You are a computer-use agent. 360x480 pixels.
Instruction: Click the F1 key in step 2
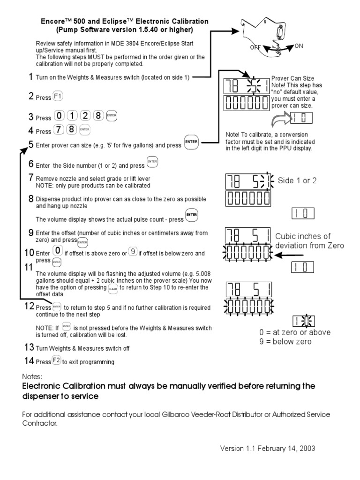pyautogui.click(x=58, y=97)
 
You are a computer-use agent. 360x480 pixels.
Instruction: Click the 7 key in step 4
pyautogui.click(x=59, y=130)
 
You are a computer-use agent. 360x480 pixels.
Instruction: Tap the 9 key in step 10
pyautogui.click(x=134, y=252)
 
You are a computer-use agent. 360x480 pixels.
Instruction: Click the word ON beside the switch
pyautogui.click(x=299, y=46)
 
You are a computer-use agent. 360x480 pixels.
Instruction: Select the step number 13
pyautogui.click(x=29, y=348)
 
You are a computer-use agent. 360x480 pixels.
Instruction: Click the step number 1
pyautogui.click(x=30, y=77)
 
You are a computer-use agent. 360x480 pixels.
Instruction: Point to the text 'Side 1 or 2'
pyautogui.click(x=297, y=181)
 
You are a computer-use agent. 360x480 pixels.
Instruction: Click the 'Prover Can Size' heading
pyautogui.click(x=293, y=78)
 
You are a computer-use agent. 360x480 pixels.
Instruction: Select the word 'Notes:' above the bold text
pyautogui.click(x=32, y=376)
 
